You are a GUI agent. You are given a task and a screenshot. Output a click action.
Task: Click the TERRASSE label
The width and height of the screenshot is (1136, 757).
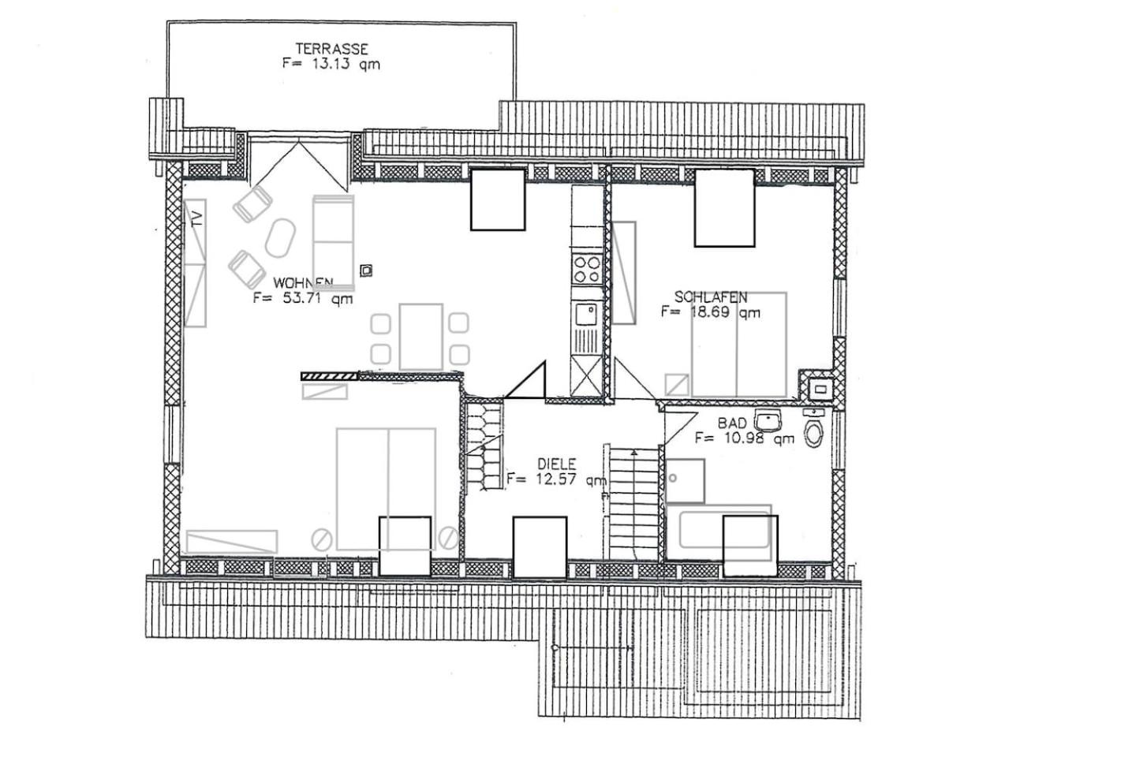pyautogui.click(x=331, y=49)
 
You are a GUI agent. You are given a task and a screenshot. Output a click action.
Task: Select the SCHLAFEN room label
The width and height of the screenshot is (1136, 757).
pyautogui.click(x=711, y=297)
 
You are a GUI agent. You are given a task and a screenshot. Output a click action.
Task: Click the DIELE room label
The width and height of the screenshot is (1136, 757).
pyautogui.click(x=556, y=464)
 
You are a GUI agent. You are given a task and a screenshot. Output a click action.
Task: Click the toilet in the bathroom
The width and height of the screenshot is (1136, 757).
pyautogui.click(x=813, y=433)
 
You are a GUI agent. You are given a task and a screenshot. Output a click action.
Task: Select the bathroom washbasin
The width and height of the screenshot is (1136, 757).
pyautogui.click(x=767, y=418)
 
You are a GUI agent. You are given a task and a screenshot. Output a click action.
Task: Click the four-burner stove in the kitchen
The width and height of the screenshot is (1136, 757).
pyautogui.click(x=586, y=268)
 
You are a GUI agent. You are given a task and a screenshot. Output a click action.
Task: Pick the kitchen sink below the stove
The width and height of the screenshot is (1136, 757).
pyautogui.click(x=586, y=314)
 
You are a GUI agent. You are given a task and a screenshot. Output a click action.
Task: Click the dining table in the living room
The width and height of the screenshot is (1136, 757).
pyautogui.click(x=420, y=337)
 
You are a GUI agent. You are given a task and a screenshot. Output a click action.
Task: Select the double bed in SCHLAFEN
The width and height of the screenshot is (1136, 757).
pyautogui.click(x=739, y=345)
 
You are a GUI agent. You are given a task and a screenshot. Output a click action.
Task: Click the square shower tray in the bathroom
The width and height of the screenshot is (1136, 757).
pyautogui.click(x=685, y=481)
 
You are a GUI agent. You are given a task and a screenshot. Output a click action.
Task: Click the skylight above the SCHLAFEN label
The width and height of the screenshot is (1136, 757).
pyautogui.click(x=724, y=208)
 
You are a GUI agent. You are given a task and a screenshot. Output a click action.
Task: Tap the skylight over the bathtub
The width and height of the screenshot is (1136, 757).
pyautogui.click(x=750, y=545)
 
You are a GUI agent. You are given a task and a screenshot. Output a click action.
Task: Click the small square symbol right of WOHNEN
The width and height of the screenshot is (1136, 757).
pyautogui.click(x=365, y=271)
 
